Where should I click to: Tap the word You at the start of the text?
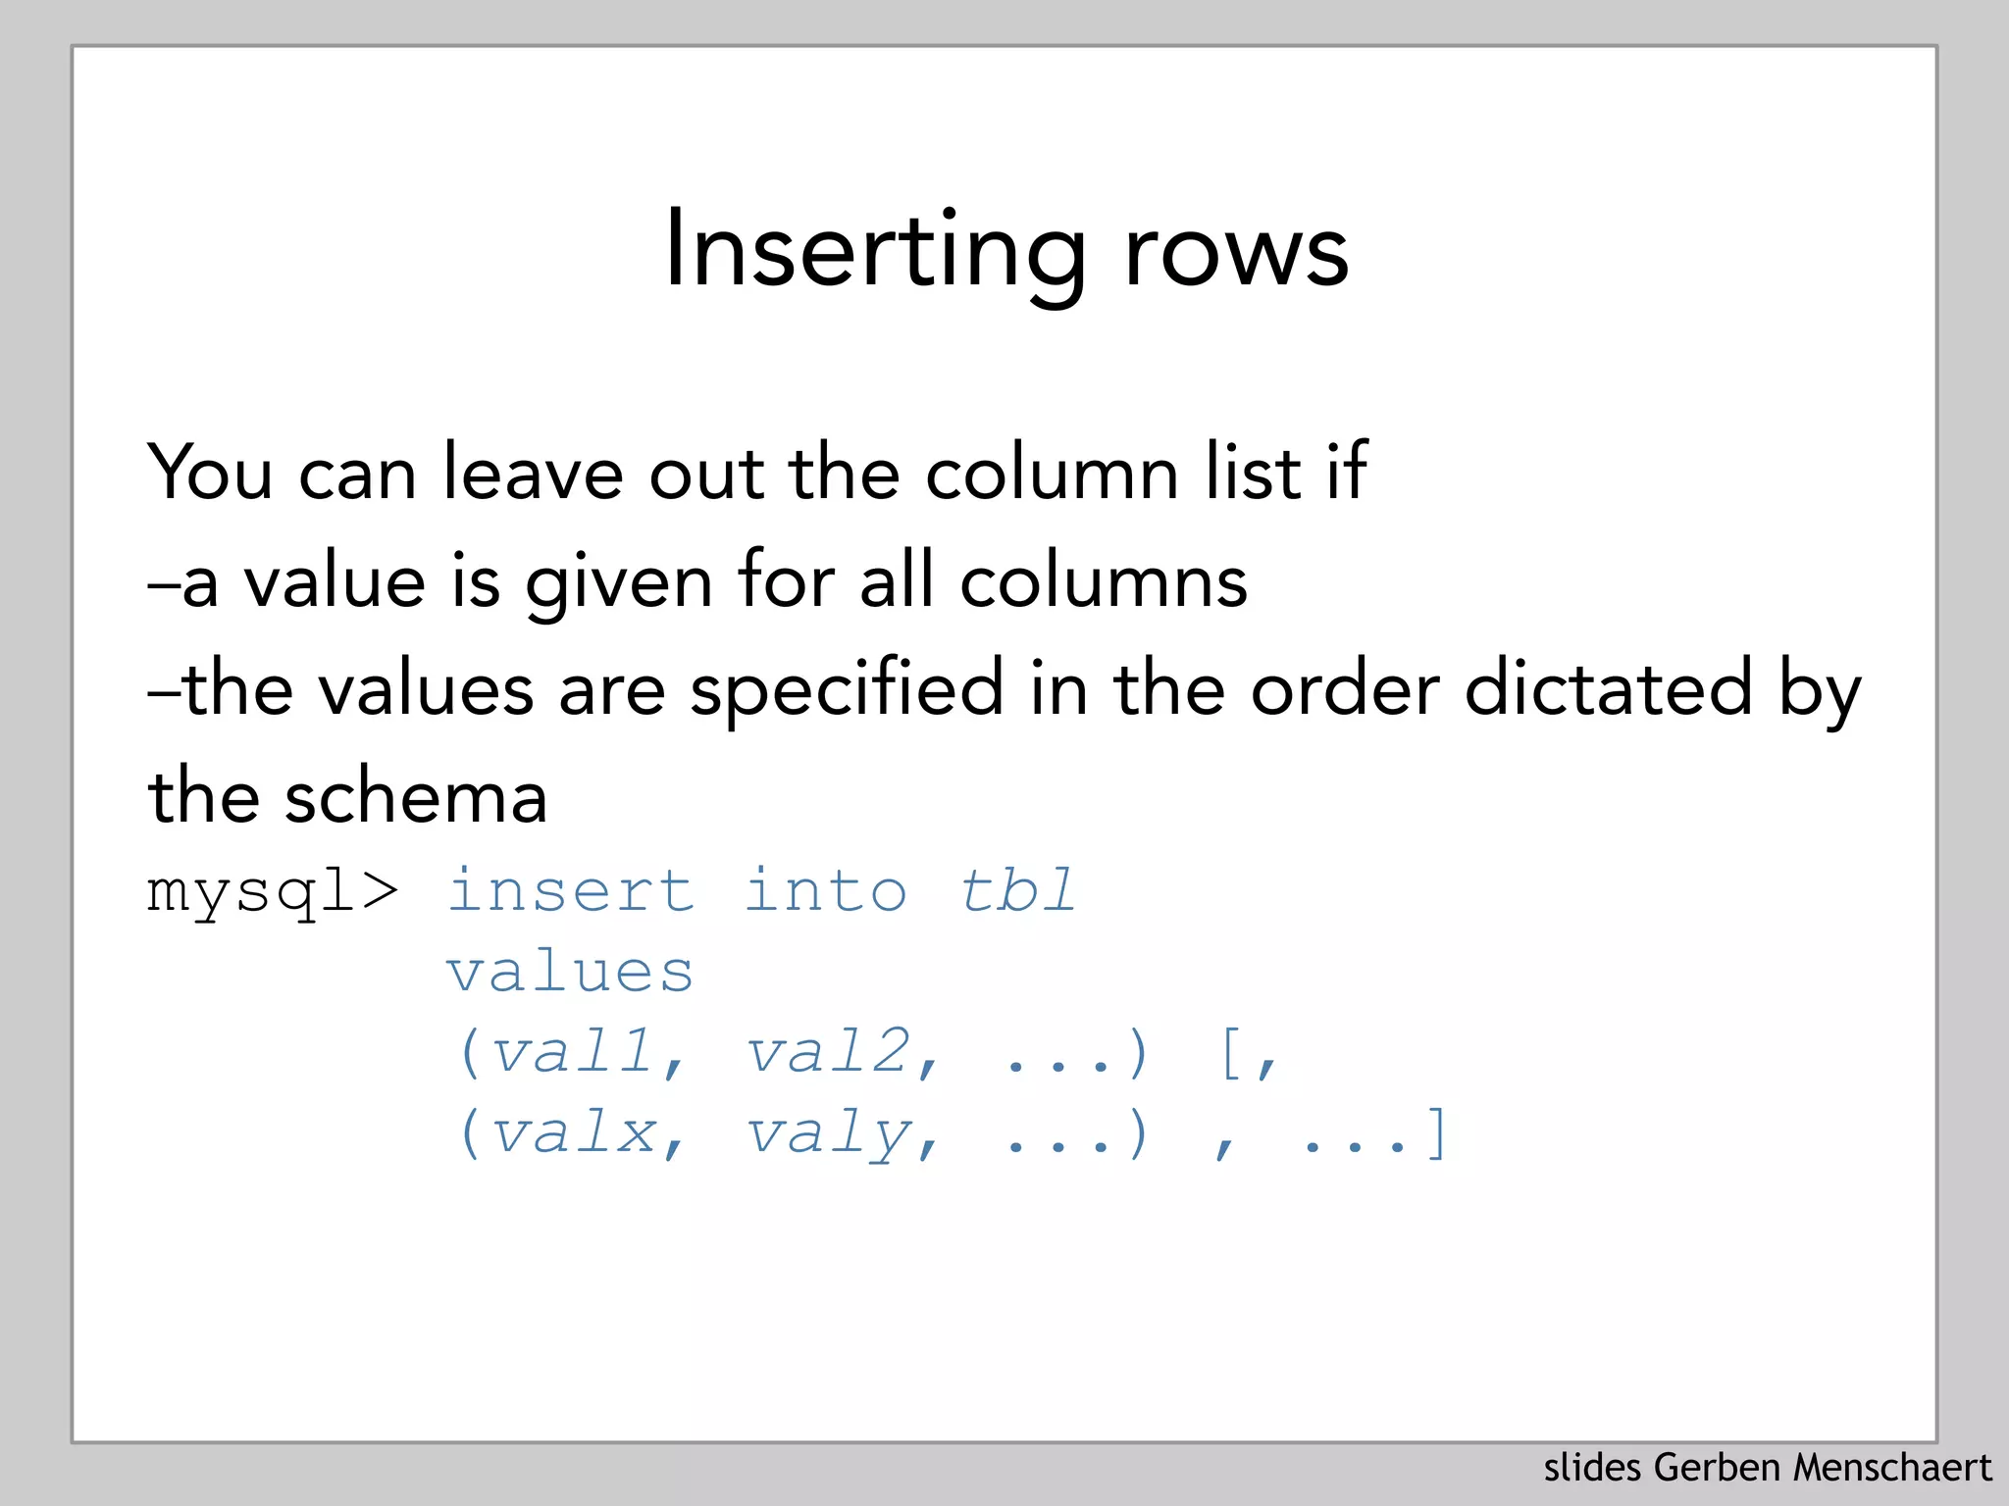click(209, 473)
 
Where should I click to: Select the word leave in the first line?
click(533, 473)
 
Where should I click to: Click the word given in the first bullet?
click(619, 582)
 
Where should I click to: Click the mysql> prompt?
click(273, 892)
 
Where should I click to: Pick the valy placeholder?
click(829, 1135)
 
